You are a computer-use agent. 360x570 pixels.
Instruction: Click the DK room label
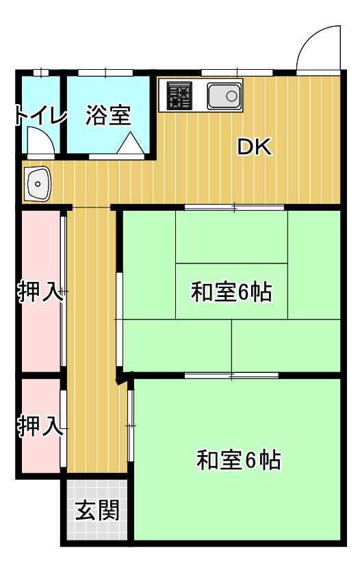click(x=254, y=147)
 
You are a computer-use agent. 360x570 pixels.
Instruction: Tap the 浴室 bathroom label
click(x=108, y=115)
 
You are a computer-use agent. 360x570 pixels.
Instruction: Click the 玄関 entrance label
click(x=97, y=510)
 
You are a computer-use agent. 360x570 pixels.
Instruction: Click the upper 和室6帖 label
click(x=231, y=292)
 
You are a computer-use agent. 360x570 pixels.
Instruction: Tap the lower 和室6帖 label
click(x=239, y=460)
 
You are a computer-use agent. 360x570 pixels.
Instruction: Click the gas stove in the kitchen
click(x=179, y=96)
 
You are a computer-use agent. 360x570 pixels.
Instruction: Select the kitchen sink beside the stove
click(x=224, y=96)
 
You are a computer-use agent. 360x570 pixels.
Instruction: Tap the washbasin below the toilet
click(x=38, y=184)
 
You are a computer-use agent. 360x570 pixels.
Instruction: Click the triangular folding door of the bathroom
click(x=130, y=143)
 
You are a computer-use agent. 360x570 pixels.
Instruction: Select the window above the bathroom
click(x=105, y=73)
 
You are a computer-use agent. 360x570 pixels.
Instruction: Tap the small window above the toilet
click(x=41, y=73)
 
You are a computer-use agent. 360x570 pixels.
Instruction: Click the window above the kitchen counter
click(x=237, y=73)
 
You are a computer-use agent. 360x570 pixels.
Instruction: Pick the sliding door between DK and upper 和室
click(x=234, y=207)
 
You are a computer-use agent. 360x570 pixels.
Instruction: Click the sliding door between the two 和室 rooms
click(x=231, y=376)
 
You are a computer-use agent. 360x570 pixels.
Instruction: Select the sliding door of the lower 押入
click(x=63, y=429)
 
